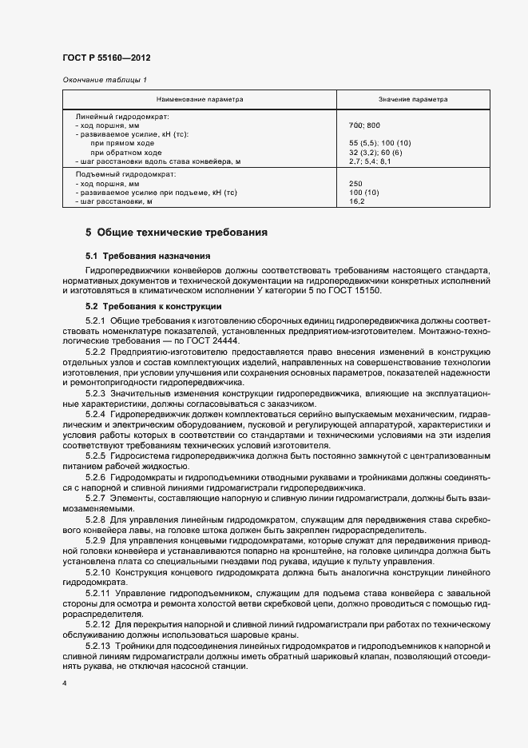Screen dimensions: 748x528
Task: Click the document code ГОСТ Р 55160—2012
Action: pyautogui.click(x=105, y=58)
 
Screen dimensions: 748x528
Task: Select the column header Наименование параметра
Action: pyautogui.click(x=200, y=99)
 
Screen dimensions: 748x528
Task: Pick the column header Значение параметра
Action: pyautogui.click(x=413, y=99)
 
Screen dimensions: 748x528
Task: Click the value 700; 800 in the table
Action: pyautogui.click(x=365, y=126)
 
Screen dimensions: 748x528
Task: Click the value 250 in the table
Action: pyautogui.click(x=356, y=184)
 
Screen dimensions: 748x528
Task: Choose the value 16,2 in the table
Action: pyautogui.click(x=357, y=201)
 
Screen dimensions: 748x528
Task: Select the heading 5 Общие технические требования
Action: pyautogui.click(x=177, y=233)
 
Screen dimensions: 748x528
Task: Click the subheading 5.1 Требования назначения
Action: pyautogui.click(x=148, y=257)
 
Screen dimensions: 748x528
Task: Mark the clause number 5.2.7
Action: pyautogui.click(x=95, y=497)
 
